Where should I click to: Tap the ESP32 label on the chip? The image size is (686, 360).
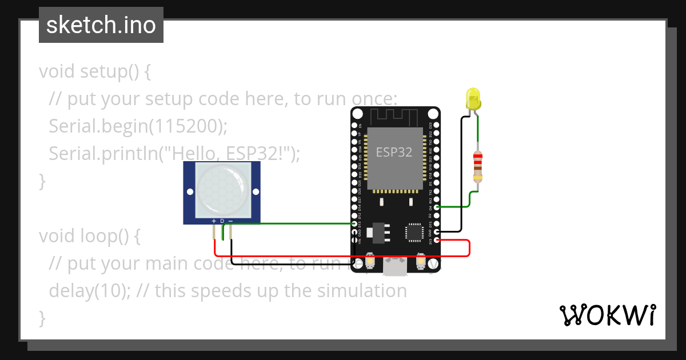(394, 153)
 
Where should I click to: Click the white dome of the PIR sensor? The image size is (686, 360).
(222, 190)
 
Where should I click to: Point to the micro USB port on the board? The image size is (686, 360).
(395, 267)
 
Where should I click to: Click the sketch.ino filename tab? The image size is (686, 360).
(101, 25)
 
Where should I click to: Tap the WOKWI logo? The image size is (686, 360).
(607, 315)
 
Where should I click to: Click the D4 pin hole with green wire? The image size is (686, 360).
(437, 207)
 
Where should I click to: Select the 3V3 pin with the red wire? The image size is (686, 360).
(437, 240)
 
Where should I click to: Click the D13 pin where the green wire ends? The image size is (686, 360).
(355, 224)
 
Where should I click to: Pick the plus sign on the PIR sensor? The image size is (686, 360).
(214, 221)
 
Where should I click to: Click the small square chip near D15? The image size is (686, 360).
(414, 232)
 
